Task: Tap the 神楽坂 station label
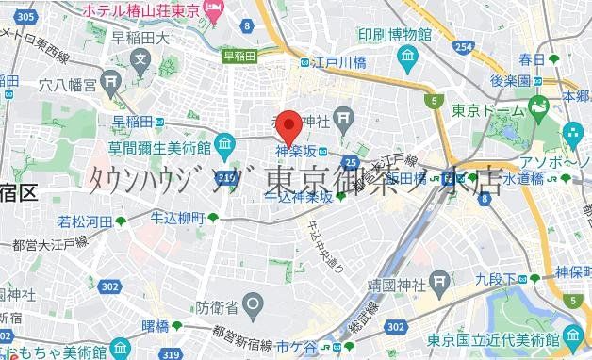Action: [295, 150]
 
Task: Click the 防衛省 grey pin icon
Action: [253, 303]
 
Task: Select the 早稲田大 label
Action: [140, 39]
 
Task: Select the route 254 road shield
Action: [463, 46]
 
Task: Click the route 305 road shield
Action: [27, 17]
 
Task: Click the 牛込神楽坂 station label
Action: [298, 198]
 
